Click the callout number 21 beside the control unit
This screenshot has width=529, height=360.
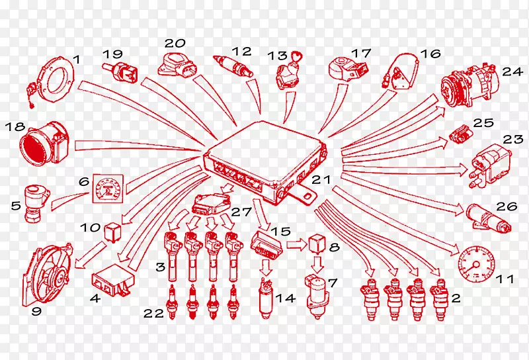point(321,179)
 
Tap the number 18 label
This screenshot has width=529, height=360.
point(15,127)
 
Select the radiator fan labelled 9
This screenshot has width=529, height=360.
point(47,274)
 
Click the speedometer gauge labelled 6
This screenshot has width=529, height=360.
point(108,189)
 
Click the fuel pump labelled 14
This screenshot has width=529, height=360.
point(266,298)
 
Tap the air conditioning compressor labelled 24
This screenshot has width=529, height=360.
point(470,86)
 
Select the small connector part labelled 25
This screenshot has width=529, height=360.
point(461,134)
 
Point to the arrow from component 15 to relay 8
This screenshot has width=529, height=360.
point(296,245)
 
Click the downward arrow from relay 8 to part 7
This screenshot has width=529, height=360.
point(317,265)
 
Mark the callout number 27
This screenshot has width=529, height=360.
point(241,212)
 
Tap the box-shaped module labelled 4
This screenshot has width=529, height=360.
point(113,280)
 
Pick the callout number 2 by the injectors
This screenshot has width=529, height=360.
point(456,298)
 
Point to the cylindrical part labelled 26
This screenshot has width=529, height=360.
point(489,218)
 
